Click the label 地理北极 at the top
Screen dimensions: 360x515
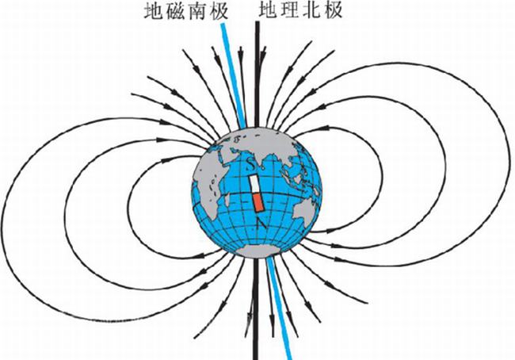click(x=295, y=11)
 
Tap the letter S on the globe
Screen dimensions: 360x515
click(x=251, y=166)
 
